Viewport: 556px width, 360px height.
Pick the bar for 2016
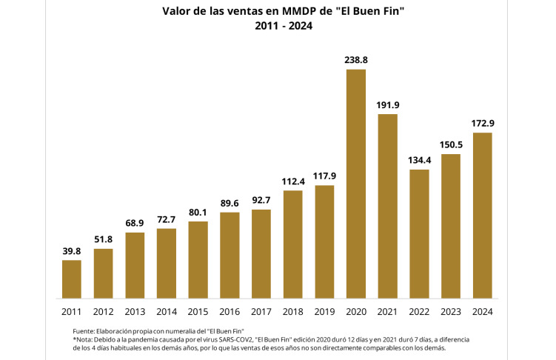tap(230, 255)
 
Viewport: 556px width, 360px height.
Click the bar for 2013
tap(135, 265)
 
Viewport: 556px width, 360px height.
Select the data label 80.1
tap(198, 212)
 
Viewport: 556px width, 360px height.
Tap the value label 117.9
tap(324, 176)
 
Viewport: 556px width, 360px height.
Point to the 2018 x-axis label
tap(293, 311)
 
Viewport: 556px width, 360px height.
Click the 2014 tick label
tap(167, 311)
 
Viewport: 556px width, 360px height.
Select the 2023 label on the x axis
tap(451, 311)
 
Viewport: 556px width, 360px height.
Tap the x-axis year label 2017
tap(261, 311)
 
